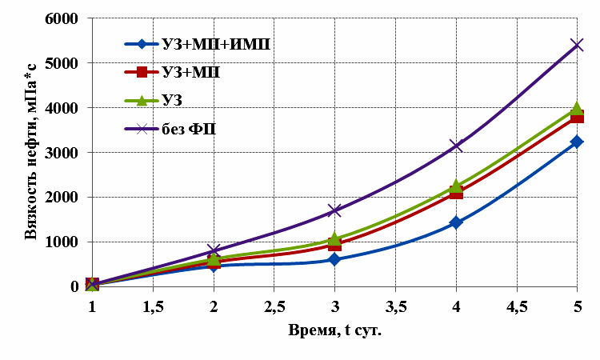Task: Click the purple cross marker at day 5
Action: pos(577,45)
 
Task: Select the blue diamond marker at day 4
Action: pos(456,222)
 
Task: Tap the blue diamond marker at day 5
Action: pos(577,142)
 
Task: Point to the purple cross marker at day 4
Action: pos(456,146)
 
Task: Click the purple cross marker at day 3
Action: pos(334,210)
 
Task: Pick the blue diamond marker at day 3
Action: pos(334,259)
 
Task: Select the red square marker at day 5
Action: pos(577,117)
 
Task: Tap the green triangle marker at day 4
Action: pos(456,186)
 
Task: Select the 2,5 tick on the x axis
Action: pos(274,307)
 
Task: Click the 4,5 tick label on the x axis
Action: pos(516,307)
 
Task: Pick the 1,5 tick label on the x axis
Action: pos(153,307)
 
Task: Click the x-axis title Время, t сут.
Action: pos(334,330)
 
